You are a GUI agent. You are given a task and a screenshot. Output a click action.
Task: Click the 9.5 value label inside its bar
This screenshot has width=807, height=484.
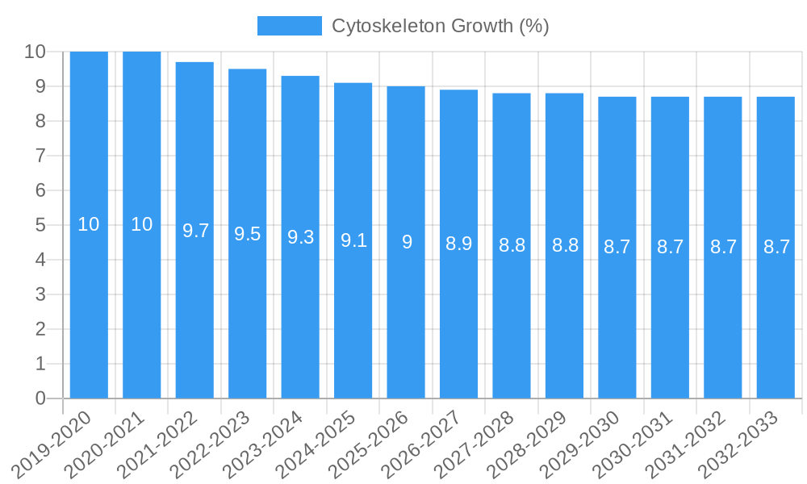248,234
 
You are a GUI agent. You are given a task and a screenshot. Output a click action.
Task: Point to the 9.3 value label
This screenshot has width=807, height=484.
300,237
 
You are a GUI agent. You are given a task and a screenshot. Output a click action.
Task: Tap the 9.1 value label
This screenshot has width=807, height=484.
353,240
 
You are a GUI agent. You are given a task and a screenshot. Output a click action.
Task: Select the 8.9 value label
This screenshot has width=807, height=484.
459,244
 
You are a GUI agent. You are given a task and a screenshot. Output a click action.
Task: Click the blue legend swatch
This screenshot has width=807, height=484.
289,26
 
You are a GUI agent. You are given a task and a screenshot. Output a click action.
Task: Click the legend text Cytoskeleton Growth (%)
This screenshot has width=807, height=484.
441,26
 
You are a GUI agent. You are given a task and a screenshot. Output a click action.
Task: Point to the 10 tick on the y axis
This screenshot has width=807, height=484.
36,52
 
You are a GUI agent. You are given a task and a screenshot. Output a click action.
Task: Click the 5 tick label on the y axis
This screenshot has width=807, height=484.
40,225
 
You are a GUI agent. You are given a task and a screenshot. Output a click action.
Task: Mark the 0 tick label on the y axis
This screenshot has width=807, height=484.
40,398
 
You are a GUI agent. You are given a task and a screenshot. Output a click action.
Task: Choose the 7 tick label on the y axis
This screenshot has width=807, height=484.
40,156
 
